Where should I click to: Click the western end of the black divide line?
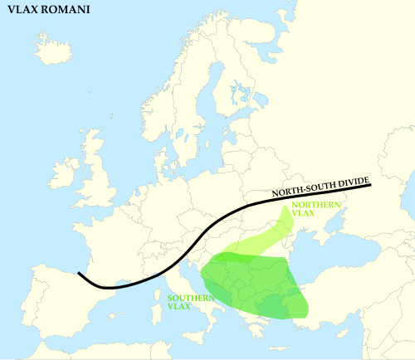pyautogui.click(x=79, y=273)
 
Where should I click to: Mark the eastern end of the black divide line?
pyautogui.click(x=369, y=184)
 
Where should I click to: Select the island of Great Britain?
pyautogui.click(x=96, y=174)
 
